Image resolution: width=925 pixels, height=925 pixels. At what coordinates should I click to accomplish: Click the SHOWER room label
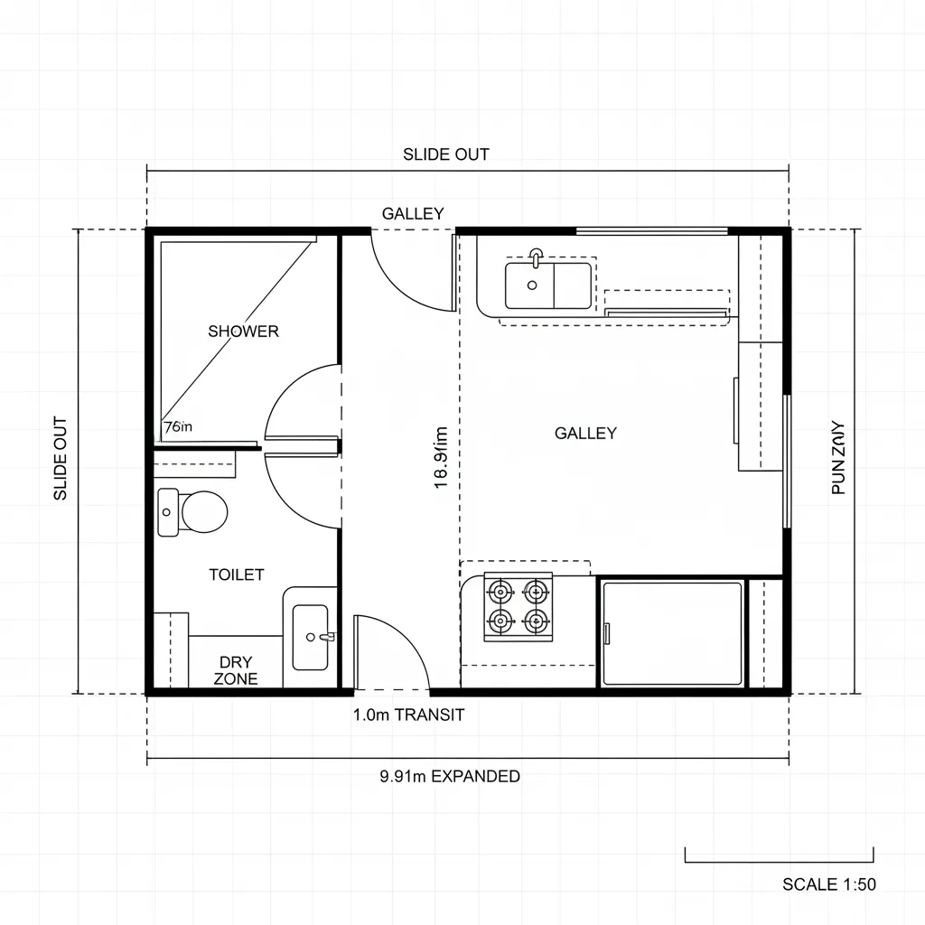click(x=243, y=331)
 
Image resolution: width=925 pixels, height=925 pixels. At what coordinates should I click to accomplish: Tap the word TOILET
click(x=236, y=575)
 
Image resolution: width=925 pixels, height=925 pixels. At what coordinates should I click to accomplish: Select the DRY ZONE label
click(x=236, y=670)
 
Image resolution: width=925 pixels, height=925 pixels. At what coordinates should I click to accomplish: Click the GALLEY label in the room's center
click(x=585, y=434)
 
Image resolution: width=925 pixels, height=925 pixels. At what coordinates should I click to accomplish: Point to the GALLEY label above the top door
click(x=413, y=214)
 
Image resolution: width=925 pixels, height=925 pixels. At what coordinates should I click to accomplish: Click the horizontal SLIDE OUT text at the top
click(x=446, y=154)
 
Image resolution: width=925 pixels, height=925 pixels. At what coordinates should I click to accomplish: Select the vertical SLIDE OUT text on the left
click(x=61, y=458)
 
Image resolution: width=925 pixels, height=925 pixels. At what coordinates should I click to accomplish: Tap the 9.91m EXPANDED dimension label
click(x=450, y=776)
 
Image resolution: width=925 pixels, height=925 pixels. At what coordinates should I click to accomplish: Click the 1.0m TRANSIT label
click(x=408, y=715)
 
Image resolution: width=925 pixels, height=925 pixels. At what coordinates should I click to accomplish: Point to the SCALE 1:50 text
click(x=828, y=884)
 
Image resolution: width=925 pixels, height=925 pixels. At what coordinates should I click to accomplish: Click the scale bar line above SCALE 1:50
click(x=779, y=861)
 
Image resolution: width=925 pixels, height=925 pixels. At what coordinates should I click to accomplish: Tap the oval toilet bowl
click(x=203, y=512)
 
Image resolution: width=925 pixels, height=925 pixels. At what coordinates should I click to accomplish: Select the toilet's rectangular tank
click(x=168, y=512)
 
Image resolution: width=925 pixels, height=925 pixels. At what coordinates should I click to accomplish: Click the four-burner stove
click(x=518, y=606)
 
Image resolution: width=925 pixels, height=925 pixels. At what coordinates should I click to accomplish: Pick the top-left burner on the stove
click(x=500, y=593)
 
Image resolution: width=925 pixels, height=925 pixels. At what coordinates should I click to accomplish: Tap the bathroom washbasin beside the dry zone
click(x=311, y=637)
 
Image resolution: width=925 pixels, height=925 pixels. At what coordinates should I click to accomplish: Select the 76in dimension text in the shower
click(x=178, y=427)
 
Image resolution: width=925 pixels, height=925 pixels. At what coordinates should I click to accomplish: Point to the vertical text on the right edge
click(x=837, y=458)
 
